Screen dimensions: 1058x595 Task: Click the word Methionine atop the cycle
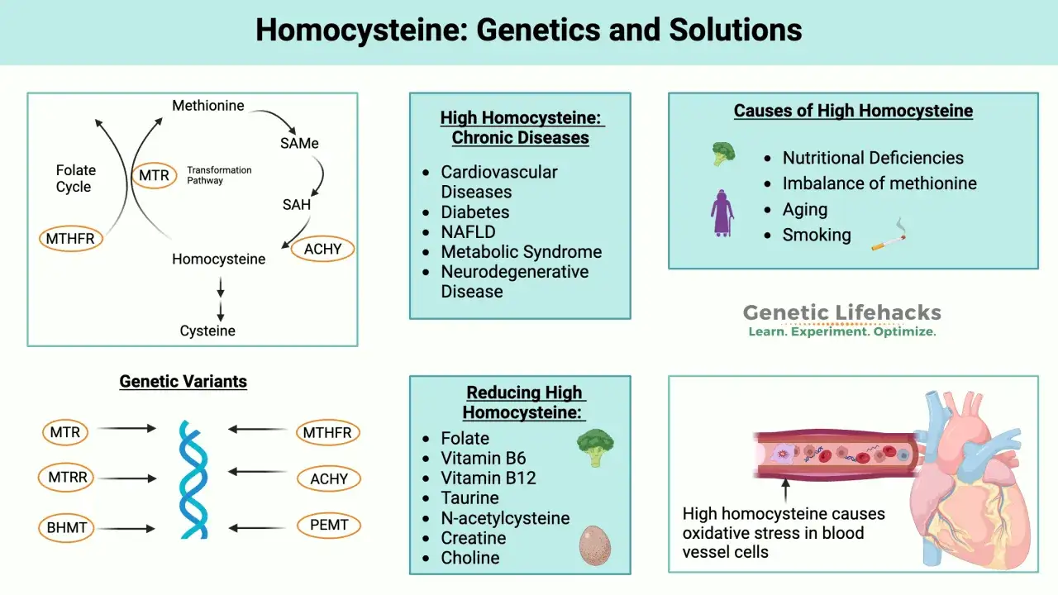(x=207, y=105)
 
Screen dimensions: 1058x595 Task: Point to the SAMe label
(x=299, y=143)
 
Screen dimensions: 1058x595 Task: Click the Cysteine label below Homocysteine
(x=207, y=331)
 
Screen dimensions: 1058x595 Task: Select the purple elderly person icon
(x=722, y=213)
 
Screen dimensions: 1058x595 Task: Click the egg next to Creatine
(x=595, y=545)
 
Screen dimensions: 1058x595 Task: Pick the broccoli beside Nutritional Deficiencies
(x=723, y=154)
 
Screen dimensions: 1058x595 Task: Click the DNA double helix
(x=193, y=479)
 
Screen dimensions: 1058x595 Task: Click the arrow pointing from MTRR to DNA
(x=127, y=478)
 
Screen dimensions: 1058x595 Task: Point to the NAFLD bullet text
(x=468, y=232)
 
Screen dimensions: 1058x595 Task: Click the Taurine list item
(x=469, y=497)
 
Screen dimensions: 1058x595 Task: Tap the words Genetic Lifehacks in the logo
(x=842, y=312)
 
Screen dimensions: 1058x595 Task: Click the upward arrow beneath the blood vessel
(x=785, y=490)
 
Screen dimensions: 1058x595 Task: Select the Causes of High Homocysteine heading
(x=853, y=111)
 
